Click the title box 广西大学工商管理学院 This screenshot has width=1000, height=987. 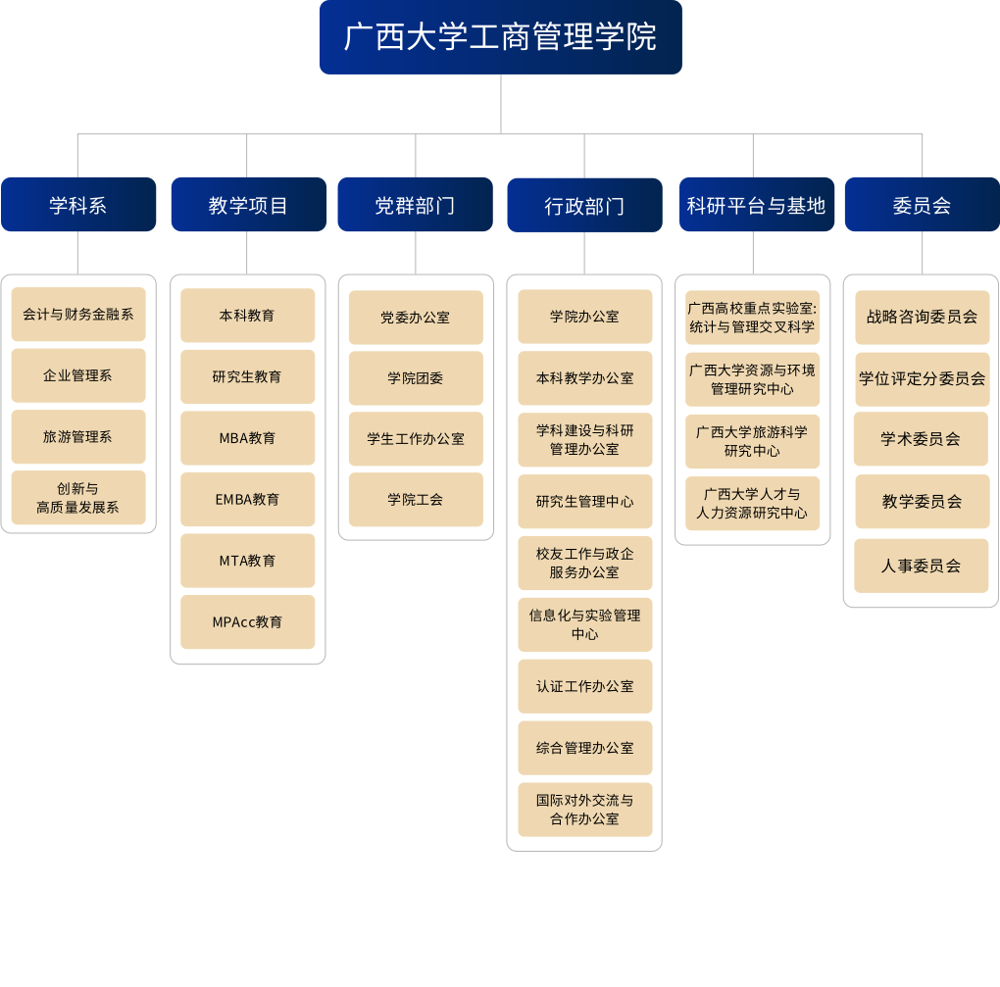coord(500,37)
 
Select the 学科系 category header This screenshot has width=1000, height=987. coord(78,205)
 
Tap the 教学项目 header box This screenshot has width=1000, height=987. coord(248,205)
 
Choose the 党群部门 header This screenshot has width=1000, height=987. coord(415,205)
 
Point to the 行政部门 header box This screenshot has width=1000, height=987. coord(584,205)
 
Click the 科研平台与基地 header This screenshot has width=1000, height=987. coord(756,205)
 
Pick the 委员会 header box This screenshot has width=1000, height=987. coord(922,205)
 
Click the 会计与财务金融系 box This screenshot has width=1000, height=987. coord(78,315)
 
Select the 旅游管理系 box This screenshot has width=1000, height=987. coord(78,437)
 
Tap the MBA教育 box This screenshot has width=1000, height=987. coord(248,438)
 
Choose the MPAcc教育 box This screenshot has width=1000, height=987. coord(248,622)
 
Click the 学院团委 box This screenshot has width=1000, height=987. coord(416,378)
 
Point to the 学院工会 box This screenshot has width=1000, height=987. coord(416,500)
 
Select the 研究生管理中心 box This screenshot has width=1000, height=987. coord(585,502)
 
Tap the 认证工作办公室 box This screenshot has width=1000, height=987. coord(585,686)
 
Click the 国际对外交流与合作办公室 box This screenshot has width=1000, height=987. coord(585,810)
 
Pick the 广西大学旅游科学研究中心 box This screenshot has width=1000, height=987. coord(753,441)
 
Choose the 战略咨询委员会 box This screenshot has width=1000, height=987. coord(922,318)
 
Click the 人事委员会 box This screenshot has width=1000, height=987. coord(922,566)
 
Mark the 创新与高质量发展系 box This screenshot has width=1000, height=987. coord(78,498)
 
